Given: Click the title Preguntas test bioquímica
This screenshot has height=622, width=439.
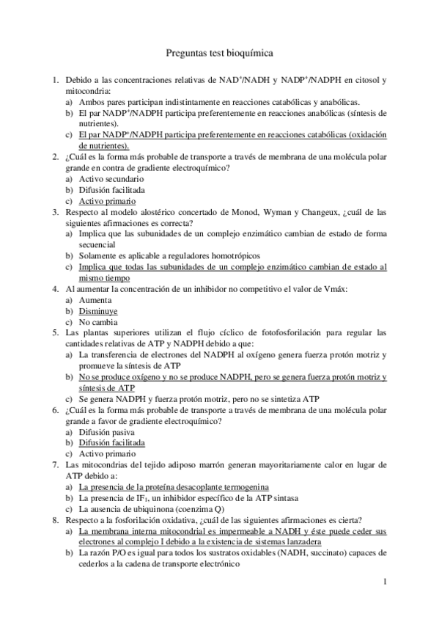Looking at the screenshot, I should click(219, 53).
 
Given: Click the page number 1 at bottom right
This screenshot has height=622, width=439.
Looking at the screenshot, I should click(384, 582).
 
